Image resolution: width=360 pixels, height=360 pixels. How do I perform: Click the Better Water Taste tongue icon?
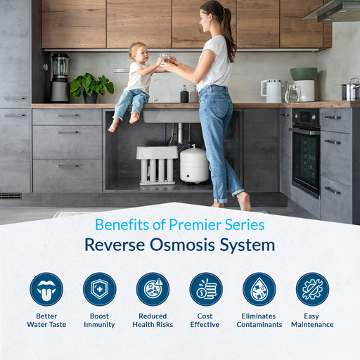(46, 289)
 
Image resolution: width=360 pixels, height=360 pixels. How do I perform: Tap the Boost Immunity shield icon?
(99, 289)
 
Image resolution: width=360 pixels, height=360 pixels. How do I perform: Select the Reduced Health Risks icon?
(153, 289)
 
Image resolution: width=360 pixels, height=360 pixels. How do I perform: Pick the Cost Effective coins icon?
(205, 289)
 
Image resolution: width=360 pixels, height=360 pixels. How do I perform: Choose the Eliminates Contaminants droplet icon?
(259, 289)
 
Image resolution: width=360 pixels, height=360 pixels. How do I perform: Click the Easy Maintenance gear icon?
(312, 289)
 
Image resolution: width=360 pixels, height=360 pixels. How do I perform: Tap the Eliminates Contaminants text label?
(259, 320)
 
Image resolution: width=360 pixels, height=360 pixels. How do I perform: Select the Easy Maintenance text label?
(312, 320)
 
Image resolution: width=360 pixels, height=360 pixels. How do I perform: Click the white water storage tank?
(193, 165)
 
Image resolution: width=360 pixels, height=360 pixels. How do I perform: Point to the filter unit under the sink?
(157, 165)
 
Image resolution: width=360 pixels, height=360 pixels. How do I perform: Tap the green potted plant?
(91, 86)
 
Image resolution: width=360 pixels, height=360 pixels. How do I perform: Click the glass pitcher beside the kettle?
(292, 92)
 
